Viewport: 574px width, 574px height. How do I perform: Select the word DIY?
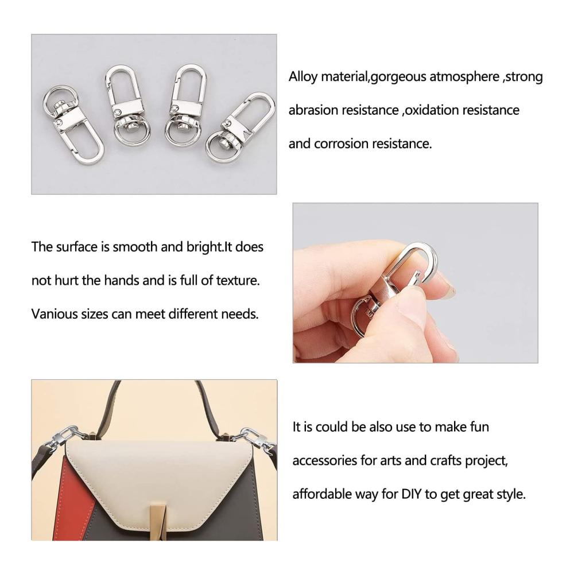coord(412,494)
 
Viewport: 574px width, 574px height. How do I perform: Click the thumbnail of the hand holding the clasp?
coord(415,283)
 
